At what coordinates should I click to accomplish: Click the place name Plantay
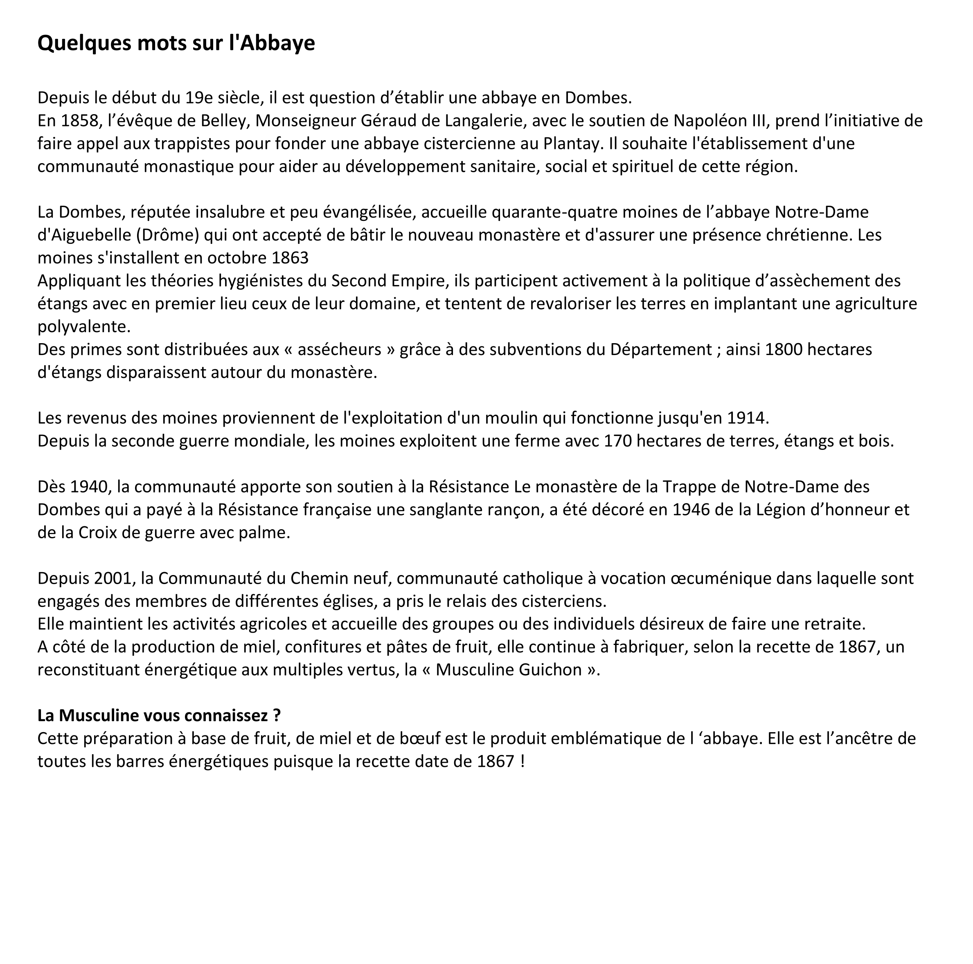572,144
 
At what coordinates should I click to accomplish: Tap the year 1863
290,258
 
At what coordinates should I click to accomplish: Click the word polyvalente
83,327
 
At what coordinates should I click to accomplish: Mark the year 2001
114,578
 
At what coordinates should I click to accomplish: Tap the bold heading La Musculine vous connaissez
159,715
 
